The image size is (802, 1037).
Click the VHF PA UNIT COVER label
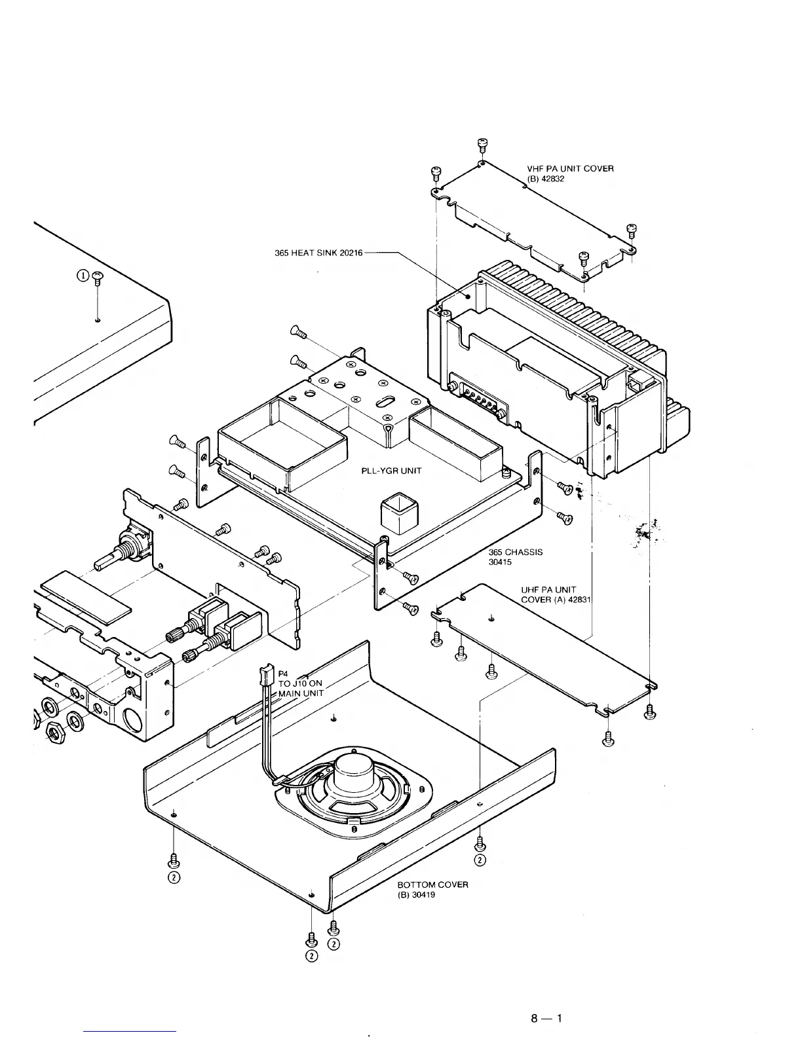click(x=570, y=173)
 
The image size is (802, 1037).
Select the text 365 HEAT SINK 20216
click(x=319, y=253)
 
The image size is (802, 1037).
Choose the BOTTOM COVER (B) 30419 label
click(x=432, y=890)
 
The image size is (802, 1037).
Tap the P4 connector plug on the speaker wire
click(x=265, y=674)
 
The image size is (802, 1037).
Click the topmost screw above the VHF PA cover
click(x=482, y=144)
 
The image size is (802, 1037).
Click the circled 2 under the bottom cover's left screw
click(x=174, y=877)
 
